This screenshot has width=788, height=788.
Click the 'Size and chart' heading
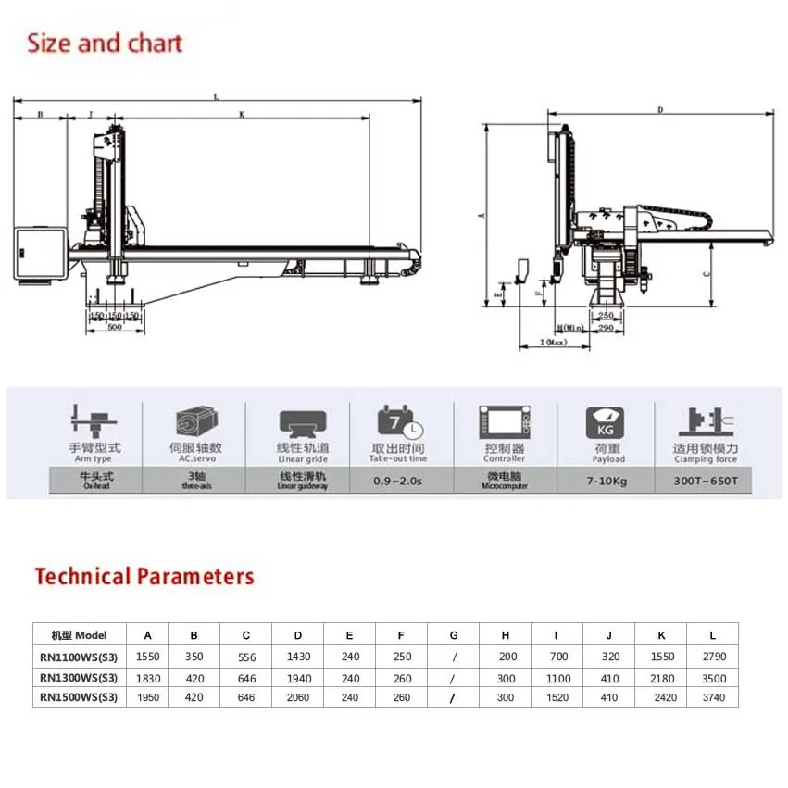click(105, 44)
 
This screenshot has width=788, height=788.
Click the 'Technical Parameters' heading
click(144, 576)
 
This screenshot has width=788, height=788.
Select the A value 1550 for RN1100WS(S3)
click(147, 657)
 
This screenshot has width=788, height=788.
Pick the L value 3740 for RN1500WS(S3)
click(712, 697)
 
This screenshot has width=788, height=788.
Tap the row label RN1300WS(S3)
click(79, 677)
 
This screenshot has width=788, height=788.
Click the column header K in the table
click(660, 635)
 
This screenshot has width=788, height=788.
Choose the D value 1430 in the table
click(297, 657)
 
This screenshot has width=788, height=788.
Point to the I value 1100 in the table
click(556, 677)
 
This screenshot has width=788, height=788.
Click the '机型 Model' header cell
click(79, 635)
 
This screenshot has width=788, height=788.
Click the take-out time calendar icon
click(399, 423)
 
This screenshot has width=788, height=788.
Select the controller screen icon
click(504, 423)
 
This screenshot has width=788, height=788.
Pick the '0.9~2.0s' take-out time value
click(399, 480)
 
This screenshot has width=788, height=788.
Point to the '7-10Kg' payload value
click(607, 480)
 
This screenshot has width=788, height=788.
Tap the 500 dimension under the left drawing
click(115, 327)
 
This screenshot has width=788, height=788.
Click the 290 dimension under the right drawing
click(607, 328)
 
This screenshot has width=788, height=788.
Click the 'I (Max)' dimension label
click(554, 343)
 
